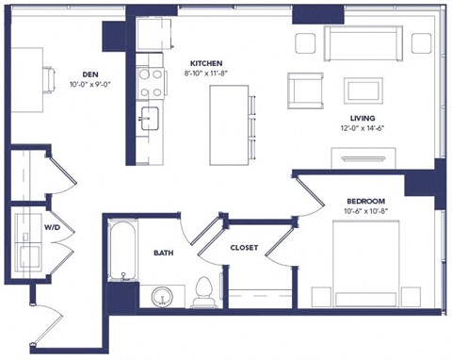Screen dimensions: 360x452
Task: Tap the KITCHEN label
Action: pos(205,61)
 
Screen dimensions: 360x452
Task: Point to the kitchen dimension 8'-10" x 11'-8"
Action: pos(205,72)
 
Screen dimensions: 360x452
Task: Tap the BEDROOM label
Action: pos(364,201)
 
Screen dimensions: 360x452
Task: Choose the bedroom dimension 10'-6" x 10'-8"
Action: pos(364,212)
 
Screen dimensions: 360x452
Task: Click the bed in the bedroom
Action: pos(372,265)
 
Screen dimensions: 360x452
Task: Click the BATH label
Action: pos(163,253)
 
